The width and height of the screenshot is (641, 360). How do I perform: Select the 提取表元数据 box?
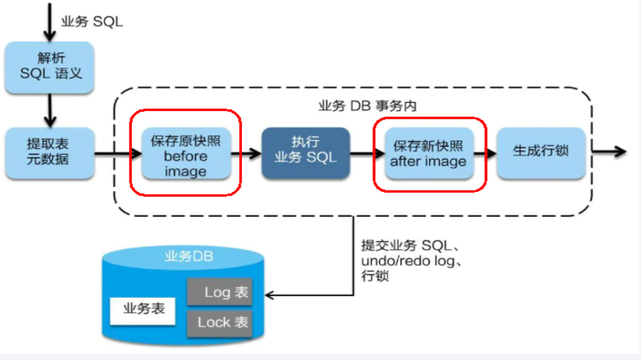coord(50,153)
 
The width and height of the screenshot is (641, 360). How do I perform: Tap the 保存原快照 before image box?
coord(185,154)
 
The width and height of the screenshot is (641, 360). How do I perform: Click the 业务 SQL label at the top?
coord(92,21)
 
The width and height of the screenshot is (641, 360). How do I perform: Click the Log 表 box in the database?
coord(220,292)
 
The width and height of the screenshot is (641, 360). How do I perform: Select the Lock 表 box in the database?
coord(220,323)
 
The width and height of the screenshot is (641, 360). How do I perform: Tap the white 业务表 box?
coord(144,308)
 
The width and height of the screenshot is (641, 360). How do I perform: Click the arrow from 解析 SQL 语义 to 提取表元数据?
coord(50,111)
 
